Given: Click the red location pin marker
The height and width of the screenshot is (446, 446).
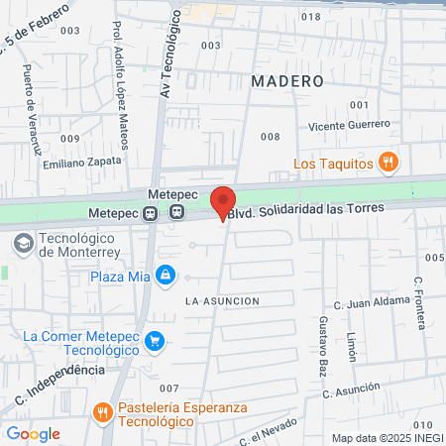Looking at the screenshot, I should pyautogui.click(x=224, y=201).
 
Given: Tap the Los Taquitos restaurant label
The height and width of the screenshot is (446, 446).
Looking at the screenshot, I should pyautogui.click(x=333, y=163).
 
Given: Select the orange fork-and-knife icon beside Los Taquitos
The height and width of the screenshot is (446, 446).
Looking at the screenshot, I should pyautogui.click(x=390, y=163).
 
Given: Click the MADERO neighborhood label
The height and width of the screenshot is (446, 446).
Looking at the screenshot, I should pyautogui.click(x=287, y=79).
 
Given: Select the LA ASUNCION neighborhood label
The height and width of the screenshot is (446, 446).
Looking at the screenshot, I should pyautogui.click(x=222, y=300).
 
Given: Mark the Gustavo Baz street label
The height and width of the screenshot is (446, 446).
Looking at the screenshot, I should pyautogui.click(x=324, y=341).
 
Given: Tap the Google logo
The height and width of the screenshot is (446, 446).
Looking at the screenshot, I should pyautogui.click(x=33, y=433).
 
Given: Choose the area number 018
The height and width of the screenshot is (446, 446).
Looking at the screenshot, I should pyautogui.click(x=310, y=17).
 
